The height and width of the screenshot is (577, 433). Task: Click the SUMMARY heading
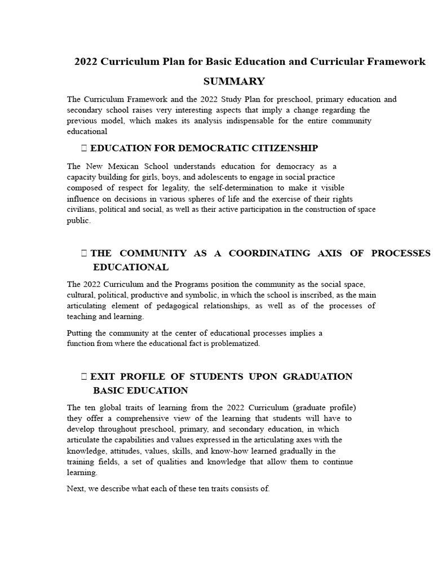233,81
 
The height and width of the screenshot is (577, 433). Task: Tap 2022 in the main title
86,61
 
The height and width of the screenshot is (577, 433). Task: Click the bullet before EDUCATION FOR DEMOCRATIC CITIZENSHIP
84,148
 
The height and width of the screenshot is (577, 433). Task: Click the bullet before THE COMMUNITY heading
84,253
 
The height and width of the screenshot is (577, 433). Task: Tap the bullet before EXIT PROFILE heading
84,376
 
